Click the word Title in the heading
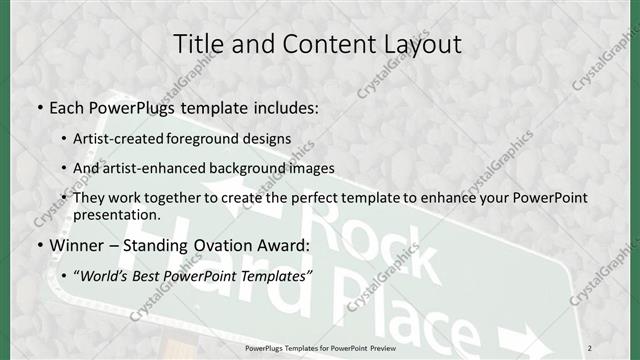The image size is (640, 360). click(x=198, y=44)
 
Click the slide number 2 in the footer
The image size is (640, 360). click(x=617, y=347)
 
